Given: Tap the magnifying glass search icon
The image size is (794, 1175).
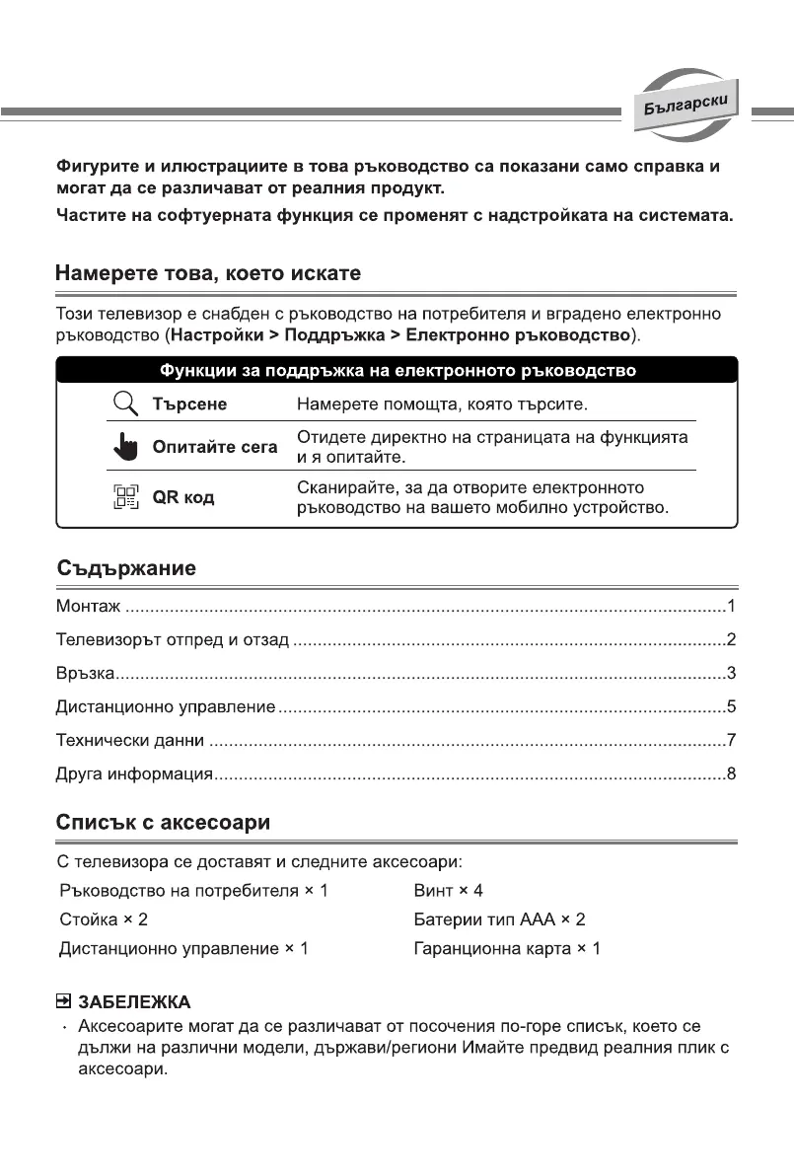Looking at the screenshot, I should tap(124, 404).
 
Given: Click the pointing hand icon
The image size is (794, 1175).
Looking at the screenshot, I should tap(124, 449).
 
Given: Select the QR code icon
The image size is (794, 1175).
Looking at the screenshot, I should tap(124, 496).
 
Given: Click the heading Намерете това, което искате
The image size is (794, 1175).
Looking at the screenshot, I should tap(208, 272).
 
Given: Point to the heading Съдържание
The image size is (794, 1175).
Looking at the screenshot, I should tap(124, 569).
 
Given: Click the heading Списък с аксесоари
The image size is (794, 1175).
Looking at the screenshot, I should tap(163, 822).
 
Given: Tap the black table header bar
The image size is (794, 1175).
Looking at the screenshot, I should tap(397, 371).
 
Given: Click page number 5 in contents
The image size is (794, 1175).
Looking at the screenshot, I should tap(731, 706).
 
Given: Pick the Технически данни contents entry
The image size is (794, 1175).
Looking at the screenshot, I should tap(129, 740).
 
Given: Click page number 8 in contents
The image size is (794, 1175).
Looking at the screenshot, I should tap(731, 772).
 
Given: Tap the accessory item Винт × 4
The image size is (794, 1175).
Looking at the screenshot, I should tap(449, 891).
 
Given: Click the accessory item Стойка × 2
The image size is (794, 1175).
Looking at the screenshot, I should tap(103, 919).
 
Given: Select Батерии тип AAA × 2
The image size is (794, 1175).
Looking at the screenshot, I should tap(500, 919).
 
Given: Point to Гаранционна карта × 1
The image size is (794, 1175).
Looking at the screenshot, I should tap(507, 948).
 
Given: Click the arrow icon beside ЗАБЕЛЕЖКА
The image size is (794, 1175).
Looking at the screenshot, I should tap(63, 1003).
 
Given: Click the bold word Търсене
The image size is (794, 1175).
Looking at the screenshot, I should tap(189, 404).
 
